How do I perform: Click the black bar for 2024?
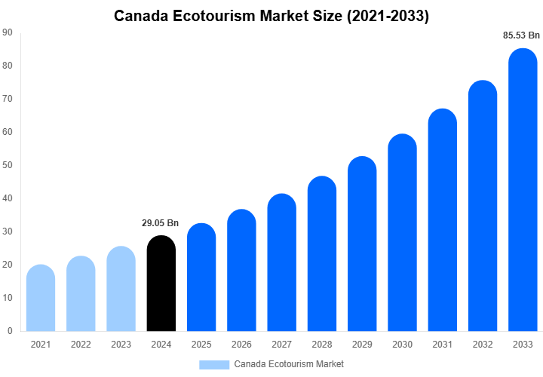(x=161, y=284)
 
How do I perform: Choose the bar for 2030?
(x=402, y=233)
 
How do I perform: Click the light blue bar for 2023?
(x=121, y=289)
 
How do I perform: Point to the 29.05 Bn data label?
(x=161, y=223)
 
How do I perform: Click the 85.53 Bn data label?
(x=522, y=35)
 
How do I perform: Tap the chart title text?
(x=271, y=16)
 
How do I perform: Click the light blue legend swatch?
(x=214, y=364)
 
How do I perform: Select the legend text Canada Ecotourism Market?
(x=289, y=364)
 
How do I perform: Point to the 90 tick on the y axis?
(x=7, y=32)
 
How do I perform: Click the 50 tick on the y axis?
(x=7, y=165)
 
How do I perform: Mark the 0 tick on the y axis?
(x=9, y=331)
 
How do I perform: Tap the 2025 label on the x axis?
(x=201, y=344)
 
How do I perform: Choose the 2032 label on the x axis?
(x=483, y=344)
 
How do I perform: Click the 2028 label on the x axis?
(x=322, y=344)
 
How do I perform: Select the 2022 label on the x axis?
(x=81, y=344)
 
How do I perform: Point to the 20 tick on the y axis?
(x=7, y=265)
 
